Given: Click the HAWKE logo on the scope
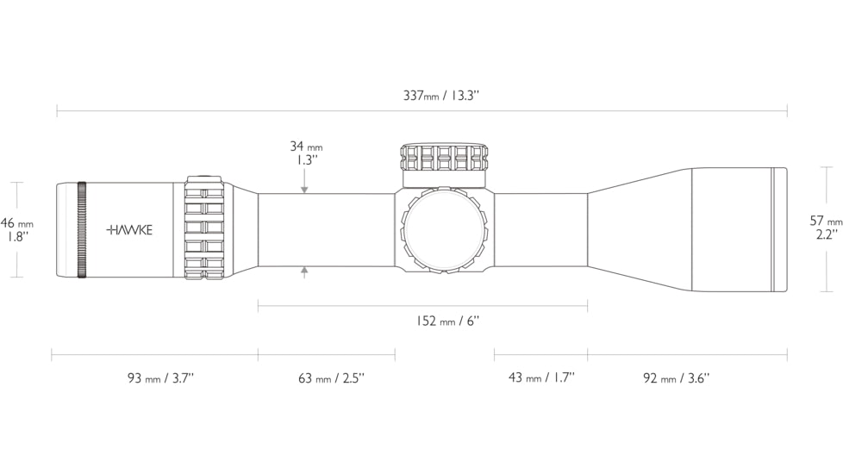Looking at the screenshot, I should (x=129, y=230).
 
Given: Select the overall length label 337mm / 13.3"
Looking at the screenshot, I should (x=440, y=96).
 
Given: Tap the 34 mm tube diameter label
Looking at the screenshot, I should (x=306, y=147).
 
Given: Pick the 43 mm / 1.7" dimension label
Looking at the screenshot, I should (x=541, y=377).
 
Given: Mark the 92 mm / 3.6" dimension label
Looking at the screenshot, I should (x=677, y=377).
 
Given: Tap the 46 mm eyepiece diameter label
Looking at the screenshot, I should (x=17, y=223).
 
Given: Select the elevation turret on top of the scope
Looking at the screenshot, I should (x=445, y=159).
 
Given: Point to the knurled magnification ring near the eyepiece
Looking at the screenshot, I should (x=205, y=229).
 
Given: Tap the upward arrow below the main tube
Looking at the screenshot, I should (x=304, y=272).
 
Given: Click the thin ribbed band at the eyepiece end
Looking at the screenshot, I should (x=82, y=230).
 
